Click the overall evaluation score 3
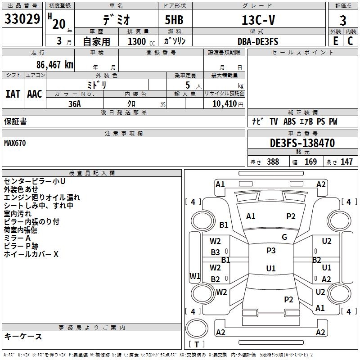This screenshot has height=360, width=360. pyautogui.click(x=343, y=20)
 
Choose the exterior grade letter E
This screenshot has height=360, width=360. pyautogui.click(x=335, y=41)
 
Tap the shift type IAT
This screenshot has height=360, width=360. pyautogui.click(x=13, y=94)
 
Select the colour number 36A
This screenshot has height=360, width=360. pyautogui.click(x=75, y=103)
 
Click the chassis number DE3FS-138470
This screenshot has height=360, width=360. pyautogui.click(x=302, y=143)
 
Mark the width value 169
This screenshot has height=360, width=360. pyautogui.click(x=310, y=162)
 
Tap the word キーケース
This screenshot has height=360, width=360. pyautogui.click(x=23, y=336)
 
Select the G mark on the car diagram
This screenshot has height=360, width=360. pyautogui.click(x=284, y=237)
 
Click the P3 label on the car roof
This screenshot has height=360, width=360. pyautogui.click(x=271, y=251)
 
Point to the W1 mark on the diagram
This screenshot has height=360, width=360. pyautogui.click(x=194, y=276)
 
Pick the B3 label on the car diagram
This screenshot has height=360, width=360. pyautogui.click(x=216, y=252)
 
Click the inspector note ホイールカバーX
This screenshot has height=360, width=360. pyautogui.click(x=31, y=254)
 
